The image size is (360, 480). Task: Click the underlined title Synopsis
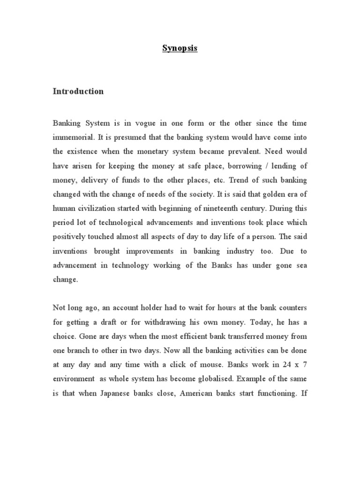180,48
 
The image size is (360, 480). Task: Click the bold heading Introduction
78,91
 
